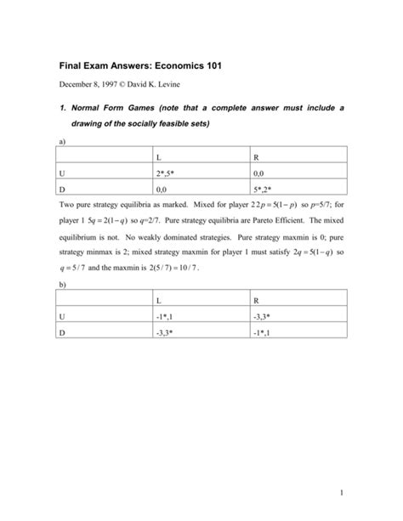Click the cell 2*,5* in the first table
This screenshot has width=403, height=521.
[167, 176]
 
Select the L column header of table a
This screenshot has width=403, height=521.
[159, 158]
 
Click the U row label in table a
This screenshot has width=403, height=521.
[61, 176]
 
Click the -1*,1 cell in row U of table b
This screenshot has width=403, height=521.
[166, 318]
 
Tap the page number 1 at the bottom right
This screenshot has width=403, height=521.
[338, 494]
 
